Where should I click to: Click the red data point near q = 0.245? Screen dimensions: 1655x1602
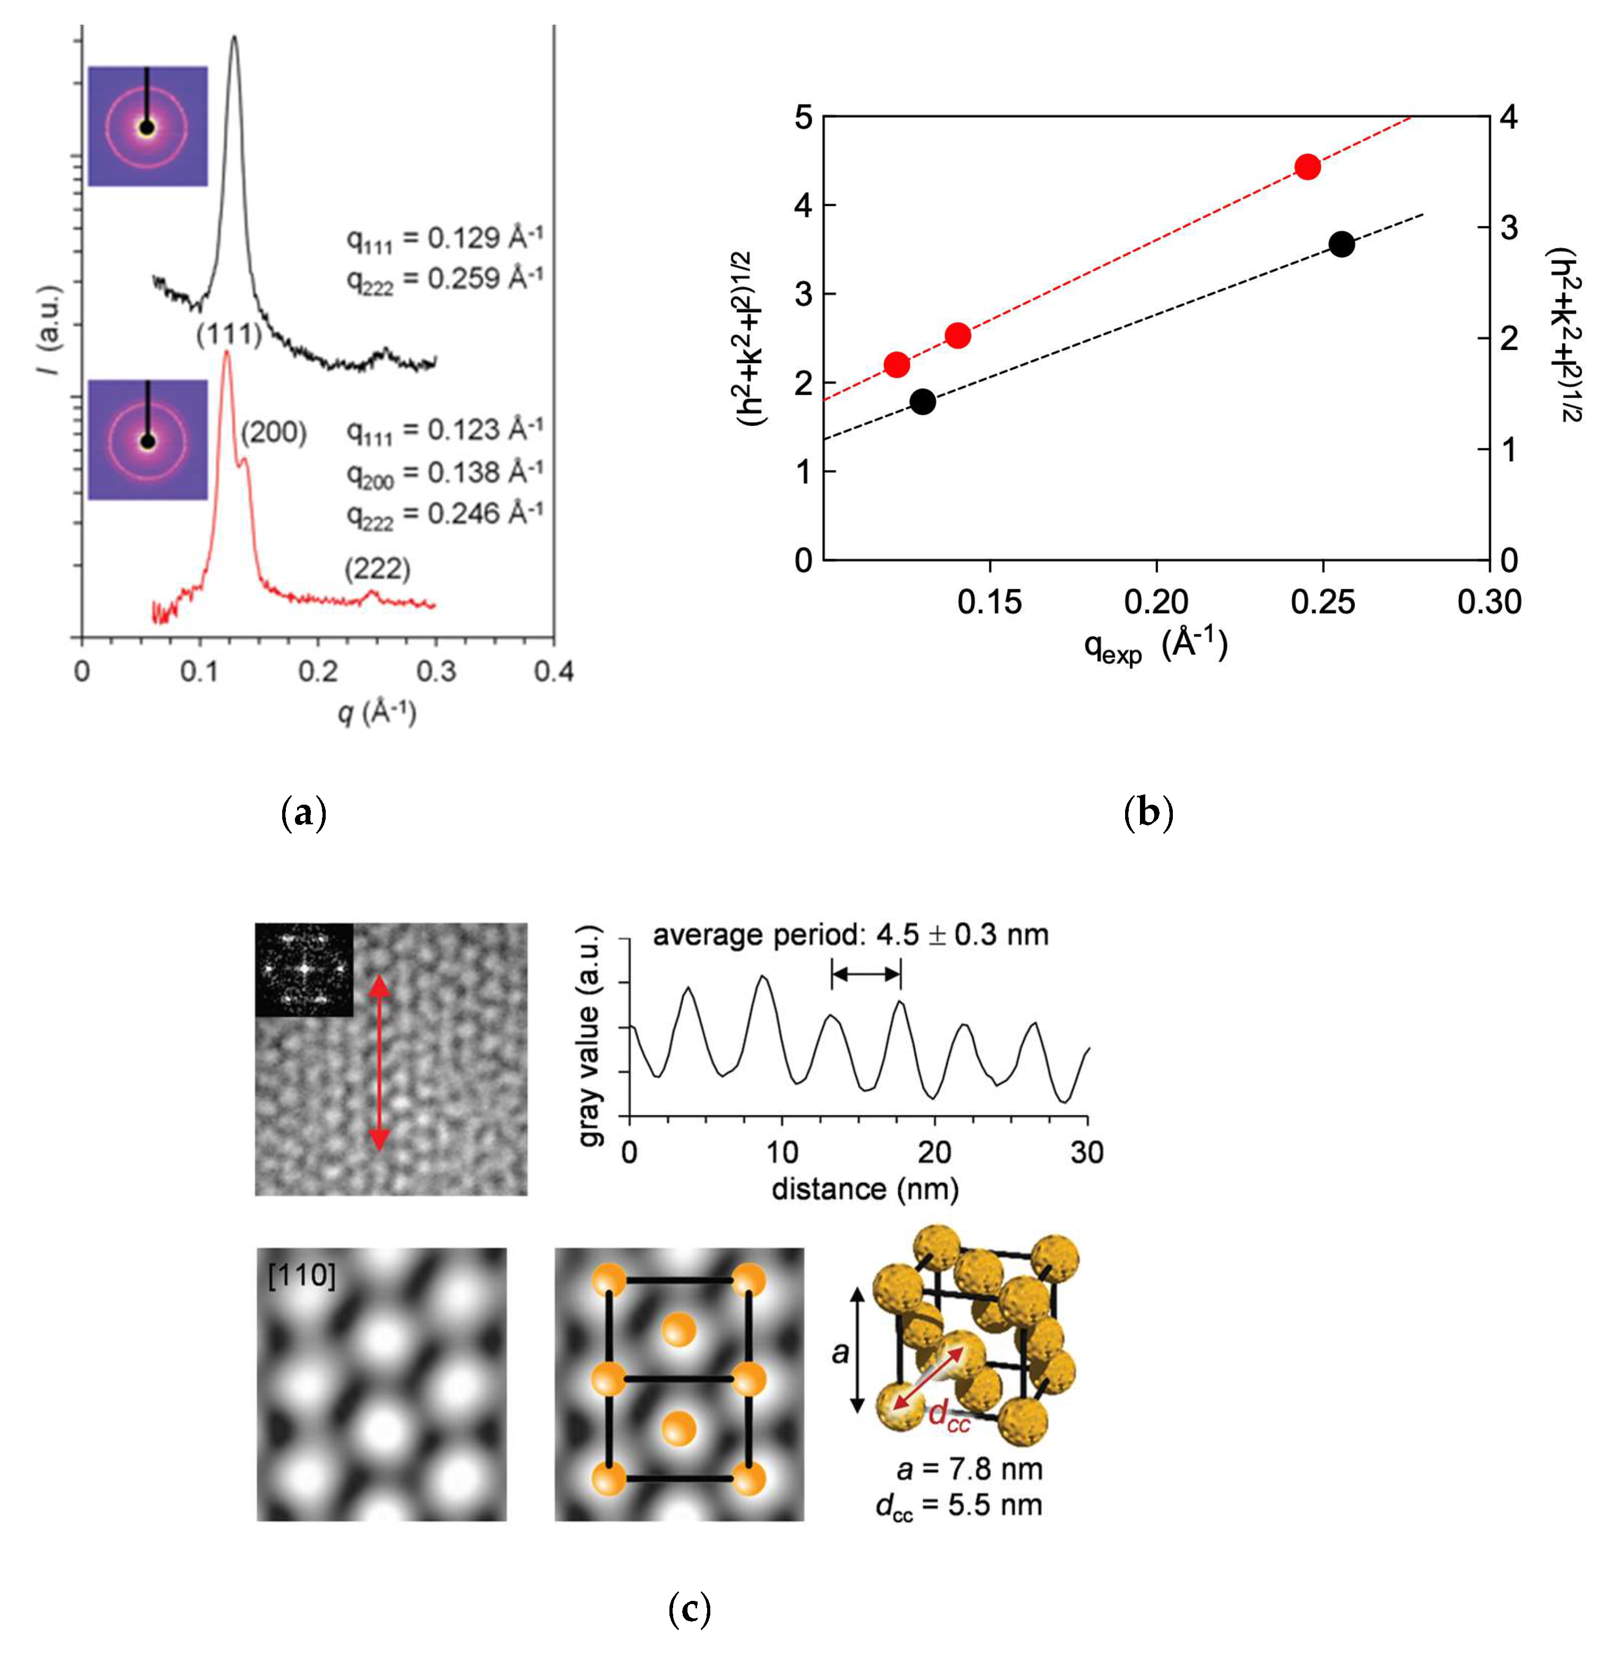click(1307, 167)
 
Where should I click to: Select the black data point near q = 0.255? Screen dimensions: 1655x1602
click(1340, 245)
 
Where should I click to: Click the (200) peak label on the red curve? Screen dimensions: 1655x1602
click(274, 433)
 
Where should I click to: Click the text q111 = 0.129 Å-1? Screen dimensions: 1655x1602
click(443, 239)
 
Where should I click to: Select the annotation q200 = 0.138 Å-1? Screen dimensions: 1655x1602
click(443, 473)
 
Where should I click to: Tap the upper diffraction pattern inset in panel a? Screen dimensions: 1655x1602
click(148, 126)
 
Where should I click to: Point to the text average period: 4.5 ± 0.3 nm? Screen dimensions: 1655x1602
click(850, 935)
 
